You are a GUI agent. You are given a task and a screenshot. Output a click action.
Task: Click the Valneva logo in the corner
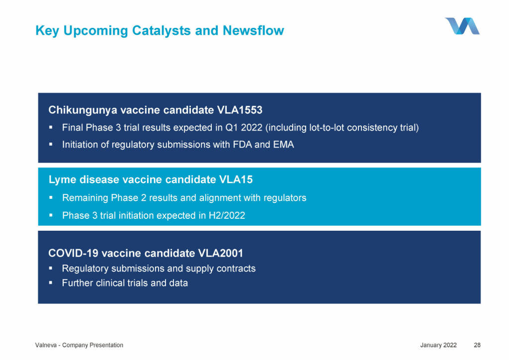coord(462,26)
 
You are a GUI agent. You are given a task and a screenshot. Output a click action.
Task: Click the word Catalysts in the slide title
coord(162,31)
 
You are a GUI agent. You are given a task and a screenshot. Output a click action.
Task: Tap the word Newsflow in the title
coord(253,30)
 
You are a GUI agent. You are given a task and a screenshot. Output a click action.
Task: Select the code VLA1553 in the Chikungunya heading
coord(240,110)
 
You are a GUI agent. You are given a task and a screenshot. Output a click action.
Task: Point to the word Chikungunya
coord(83,110)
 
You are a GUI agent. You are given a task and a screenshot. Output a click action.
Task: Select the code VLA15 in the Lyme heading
coord(236,180)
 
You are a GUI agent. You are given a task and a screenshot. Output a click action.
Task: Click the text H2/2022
coord(227,215)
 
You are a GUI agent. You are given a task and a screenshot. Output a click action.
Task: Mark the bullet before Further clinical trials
coord(51,283)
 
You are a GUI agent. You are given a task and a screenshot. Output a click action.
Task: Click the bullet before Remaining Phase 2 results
coord(51,197)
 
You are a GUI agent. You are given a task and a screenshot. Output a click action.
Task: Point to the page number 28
coord(477,345)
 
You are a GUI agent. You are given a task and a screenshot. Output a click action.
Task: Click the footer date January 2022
coord(438,345)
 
